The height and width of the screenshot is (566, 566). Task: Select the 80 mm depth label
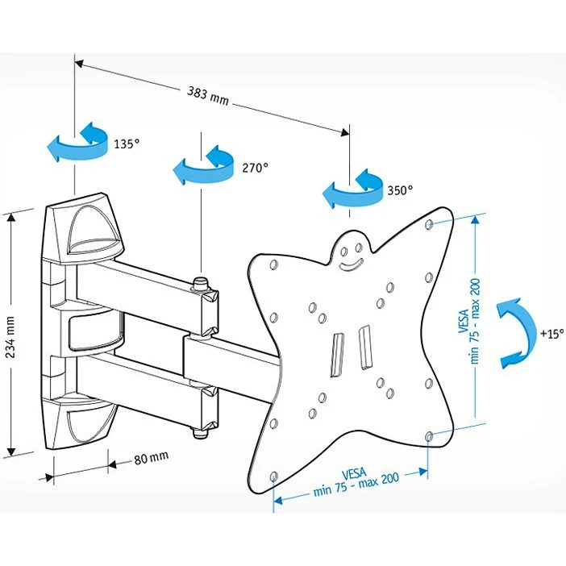pos(151,459)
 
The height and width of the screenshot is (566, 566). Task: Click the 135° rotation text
pos(127,144)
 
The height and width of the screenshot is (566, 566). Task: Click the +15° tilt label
pos(551,332)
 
